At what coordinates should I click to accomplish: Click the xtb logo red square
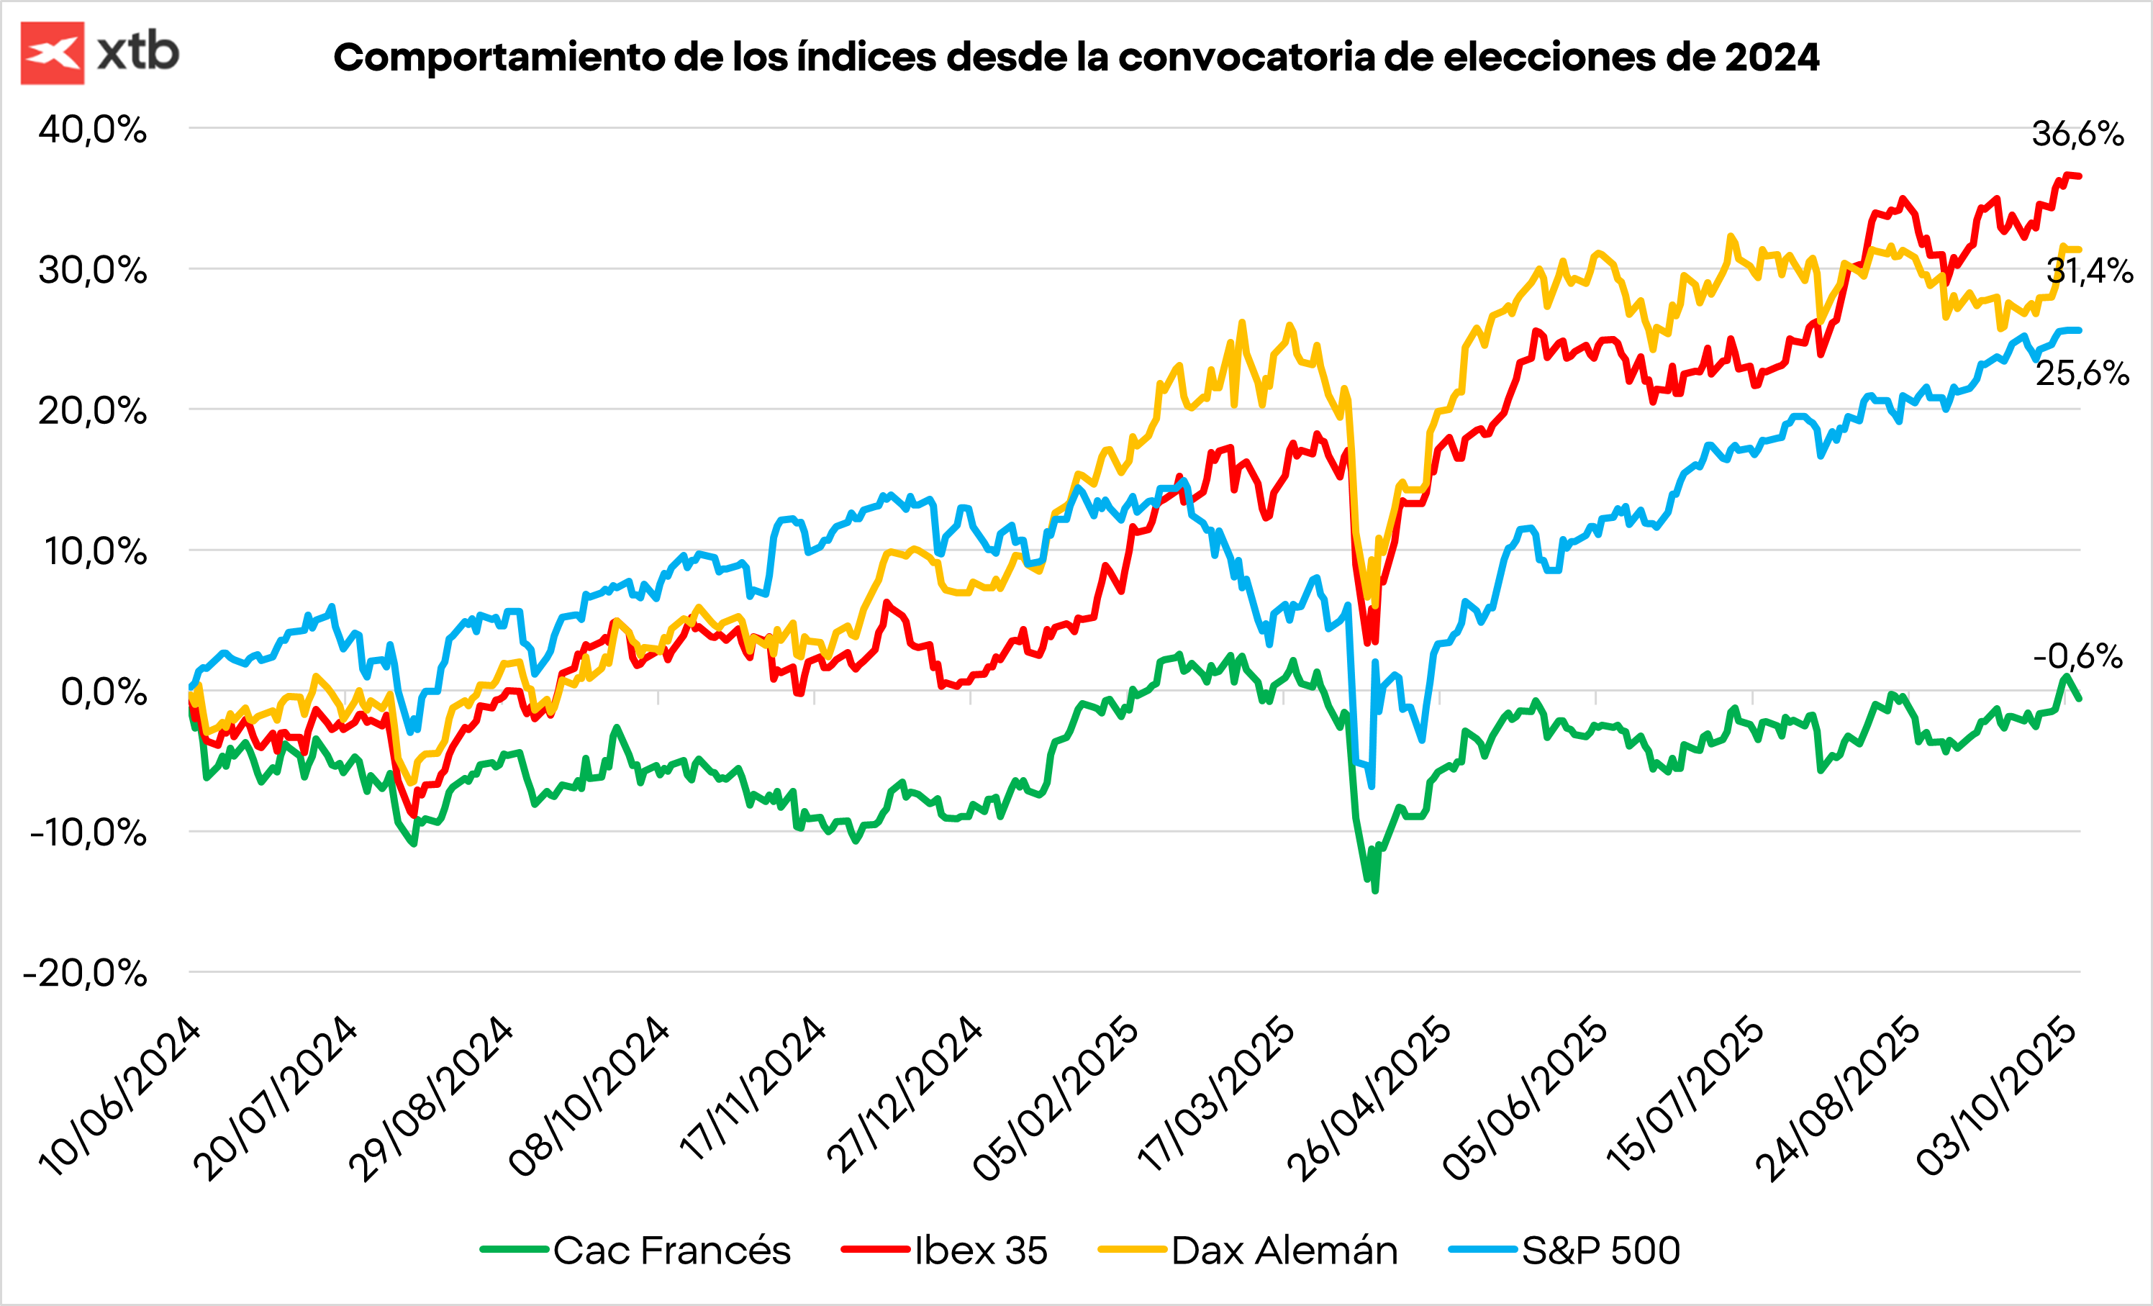[53, 53]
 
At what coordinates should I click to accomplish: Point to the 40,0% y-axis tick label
[93, 130]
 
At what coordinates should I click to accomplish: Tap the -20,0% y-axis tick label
[86, 972]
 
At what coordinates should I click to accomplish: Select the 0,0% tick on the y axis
[103, 692]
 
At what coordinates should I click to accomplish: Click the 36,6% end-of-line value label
[2077, 134]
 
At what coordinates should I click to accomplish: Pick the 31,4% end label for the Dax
[2089, 271]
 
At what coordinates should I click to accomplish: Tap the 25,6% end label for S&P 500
[2082, 373]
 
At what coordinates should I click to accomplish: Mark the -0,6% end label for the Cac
[2077, 656]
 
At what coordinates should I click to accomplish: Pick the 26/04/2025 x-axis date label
[1369, 1097]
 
